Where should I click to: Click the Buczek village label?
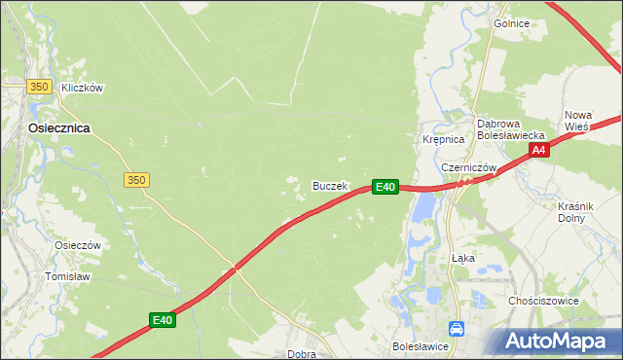tap(329, 185)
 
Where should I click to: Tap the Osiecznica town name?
tap(59, 127)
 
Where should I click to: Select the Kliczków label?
tap(82, 88)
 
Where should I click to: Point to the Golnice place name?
tap(511, 23)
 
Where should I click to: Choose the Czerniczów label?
tap(469, 167)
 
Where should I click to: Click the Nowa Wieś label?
tap(578, 121)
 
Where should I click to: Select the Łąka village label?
tap(462, 258)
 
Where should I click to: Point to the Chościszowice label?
tap(543, 301)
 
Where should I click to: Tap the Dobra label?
tap(302, 354)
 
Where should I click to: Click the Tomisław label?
tap(67, 276)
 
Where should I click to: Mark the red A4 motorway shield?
tap(540, 150)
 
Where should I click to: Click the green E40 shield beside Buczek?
tap(385, 186)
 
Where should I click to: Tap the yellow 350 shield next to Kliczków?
tap(39, 87)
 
